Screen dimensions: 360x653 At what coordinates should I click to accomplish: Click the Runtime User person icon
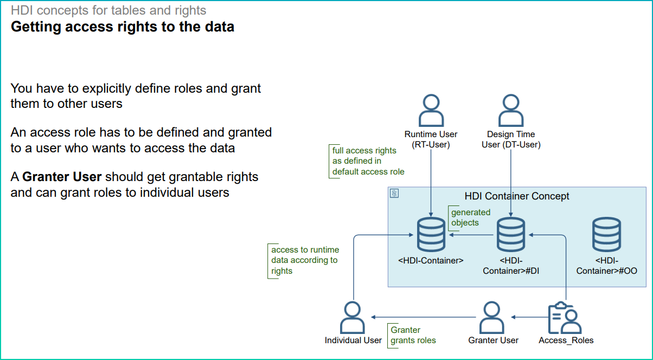coord(431,111)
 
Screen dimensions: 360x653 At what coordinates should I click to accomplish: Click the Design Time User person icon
coord(511,111)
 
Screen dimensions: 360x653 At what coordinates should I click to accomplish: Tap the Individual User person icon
coord(353,318)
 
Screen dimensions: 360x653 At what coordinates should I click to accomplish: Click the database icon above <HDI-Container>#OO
coord(606,234)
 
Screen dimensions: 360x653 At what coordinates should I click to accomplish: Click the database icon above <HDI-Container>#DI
coord(511,234)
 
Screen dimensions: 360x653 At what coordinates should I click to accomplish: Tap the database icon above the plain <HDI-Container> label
coord(431,234)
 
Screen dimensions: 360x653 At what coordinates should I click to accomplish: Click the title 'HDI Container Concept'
coord(517,196)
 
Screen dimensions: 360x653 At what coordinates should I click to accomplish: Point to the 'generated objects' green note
coord(470,217)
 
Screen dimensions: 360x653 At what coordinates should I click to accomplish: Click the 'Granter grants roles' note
coord(413,335)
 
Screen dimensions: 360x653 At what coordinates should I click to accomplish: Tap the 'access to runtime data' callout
coord(305,260)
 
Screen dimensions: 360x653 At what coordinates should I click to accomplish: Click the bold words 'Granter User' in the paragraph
coord(62,177)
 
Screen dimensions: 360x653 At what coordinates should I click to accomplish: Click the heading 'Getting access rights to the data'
coord(123,27)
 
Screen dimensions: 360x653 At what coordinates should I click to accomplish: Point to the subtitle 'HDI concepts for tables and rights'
coord(108,10)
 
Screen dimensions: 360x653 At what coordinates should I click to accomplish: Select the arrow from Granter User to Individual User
coord(423,317)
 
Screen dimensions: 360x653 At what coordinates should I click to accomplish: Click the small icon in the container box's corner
coord(394,193)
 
